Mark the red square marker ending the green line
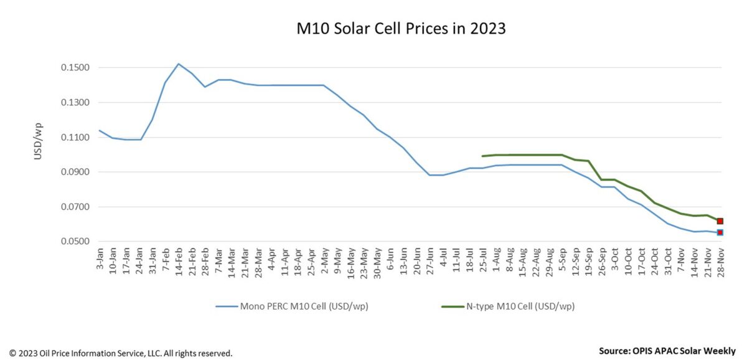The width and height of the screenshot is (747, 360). click(720, 221)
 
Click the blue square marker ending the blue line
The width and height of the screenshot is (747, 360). click(720, 232)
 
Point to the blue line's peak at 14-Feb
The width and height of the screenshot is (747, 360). click(179, 64)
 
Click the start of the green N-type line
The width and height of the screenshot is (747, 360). click(482, 156)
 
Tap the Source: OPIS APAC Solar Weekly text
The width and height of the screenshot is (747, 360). click(666, 351)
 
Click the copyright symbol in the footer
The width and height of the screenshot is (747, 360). click(12, 353)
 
